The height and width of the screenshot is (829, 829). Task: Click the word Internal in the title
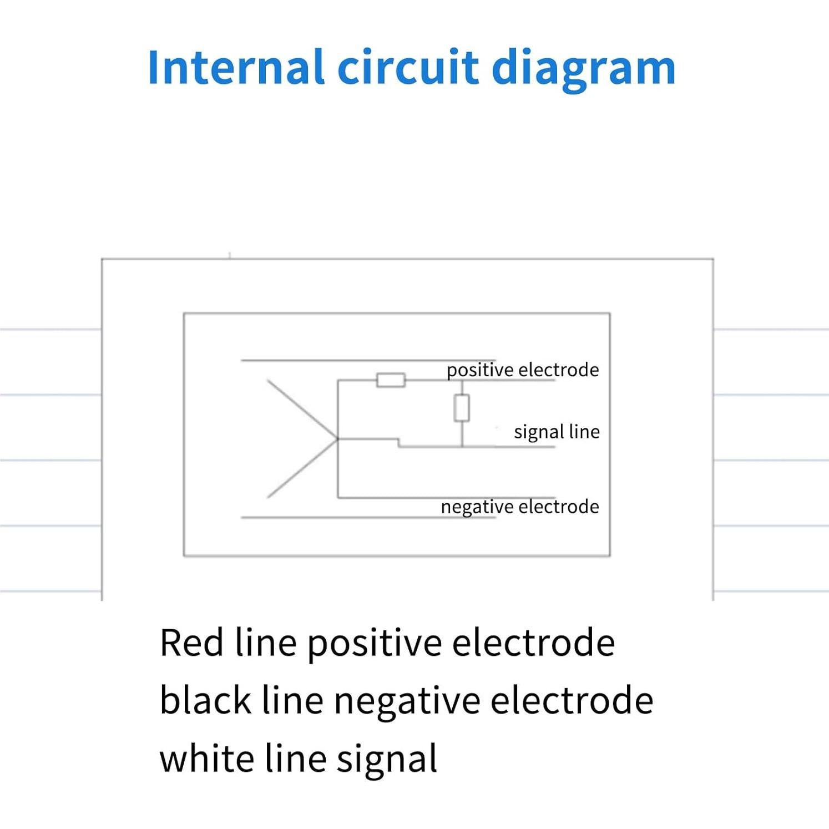point(235,68)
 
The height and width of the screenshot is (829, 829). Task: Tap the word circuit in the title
point(408,68)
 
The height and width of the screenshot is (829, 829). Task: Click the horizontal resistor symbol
point(391,380)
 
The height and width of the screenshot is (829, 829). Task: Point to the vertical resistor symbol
point(462,408)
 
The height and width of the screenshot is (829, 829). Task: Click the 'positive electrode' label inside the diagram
point(523,370)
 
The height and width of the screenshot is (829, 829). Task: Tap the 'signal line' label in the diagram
point(557,432)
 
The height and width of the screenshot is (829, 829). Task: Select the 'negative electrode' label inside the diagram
point(520,507)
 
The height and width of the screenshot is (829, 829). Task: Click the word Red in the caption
point(191,643)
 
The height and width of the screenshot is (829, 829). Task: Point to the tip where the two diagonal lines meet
point(337,439)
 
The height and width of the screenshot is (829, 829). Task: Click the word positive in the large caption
point(375,644)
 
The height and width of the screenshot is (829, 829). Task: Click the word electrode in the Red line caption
point(533,643)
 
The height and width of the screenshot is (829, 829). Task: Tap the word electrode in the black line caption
point(572,700)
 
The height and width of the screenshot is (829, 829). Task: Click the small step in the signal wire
point(398,443)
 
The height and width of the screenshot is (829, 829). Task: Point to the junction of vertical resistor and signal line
point(462,447)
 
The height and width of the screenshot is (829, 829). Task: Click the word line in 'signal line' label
point(584,432)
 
